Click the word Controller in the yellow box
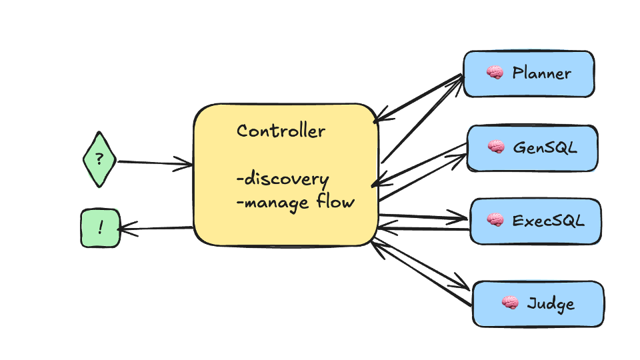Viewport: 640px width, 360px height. click(x=281, y=131)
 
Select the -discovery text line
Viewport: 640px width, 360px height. click(x=282, y=179)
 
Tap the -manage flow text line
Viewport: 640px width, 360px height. click(x=295, y=201)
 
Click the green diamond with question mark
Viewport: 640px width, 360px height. click(x=99, y=160)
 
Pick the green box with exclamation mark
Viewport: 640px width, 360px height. click(x=100, y=229)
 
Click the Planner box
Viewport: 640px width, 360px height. click(x=528, y=74)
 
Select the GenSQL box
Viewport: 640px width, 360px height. click(x=531, y=147)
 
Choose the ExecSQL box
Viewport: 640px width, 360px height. click(x=535, y=221)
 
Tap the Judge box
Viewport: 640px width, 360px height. click(x=537, y=304)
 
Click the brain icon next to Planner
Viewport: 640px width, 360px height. click(x=494, y=73)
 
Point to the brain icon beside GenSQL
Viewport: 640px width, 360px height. click(x=495, y=147)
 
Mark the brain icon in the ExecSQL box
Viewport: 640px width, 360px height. click(x=495, y=219)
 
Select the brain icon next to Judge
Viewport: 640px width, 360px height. click(x=510, y=303)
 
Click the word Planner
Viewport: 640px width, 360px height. click(x=541, y=73)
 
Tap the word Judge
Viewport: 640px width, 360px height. click(x=550, y=304)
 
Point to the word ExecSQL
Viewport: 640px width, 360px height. click(x=548, y=220)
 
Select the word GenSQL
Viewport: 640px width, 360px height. click(x=545, y=147)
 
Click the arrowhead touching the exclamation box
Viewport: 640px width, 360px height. click(x=124, y=229)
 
